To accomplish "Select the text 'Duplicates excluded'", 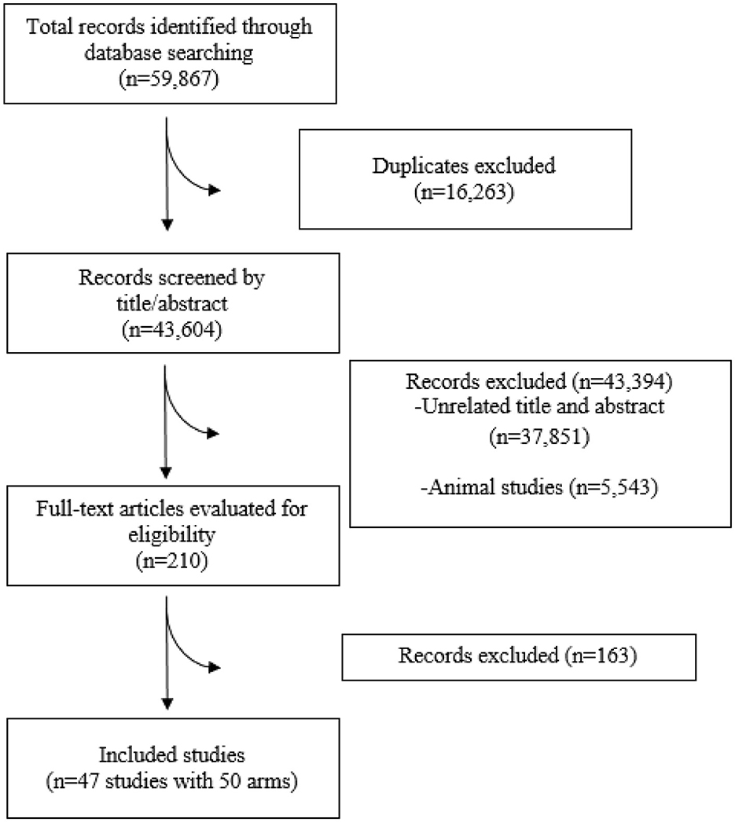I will pyautogui.click(x=465, y=166).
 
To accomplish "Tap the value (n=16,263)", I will pyautogui.click(x=465, y=193).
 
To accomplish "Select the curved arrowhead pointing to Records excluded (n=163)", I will pyautogui.click(x=214, y=670).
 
